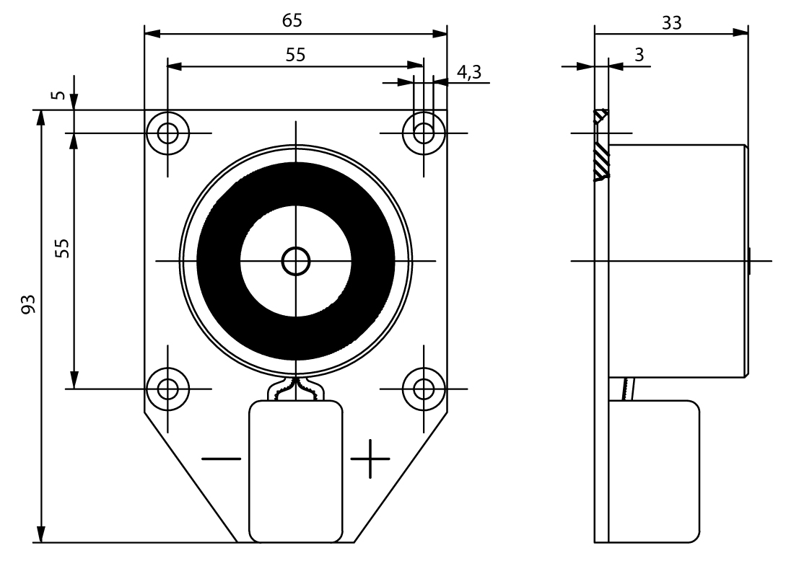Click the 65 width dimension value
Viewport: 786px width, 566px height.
pos(292,21)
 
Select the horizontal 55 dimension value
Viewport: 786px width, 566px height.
pos(294,55)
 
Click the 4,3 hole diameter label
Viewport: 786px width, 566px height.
pos(469,71)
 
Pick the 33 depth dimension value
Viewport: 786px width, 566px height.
pos(671,22)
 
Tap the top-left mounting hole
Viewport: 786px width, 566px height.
pos(167,133)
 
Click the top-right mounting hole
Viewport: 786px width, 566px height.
pos(424,133)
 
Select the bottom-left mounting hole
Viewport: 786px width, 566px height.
pos(167,389)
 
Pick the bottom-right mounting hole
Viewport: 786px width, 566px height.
pos(424,389)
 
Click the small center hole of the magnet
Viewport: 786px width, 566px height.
pos(295,261)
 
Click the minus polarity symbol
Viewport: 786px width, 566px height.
pos(222,459)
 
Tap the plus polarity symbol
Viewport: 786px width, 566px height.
pos(370,459)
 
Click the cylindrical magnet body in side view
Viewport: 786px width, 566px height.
pos(677,260)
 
